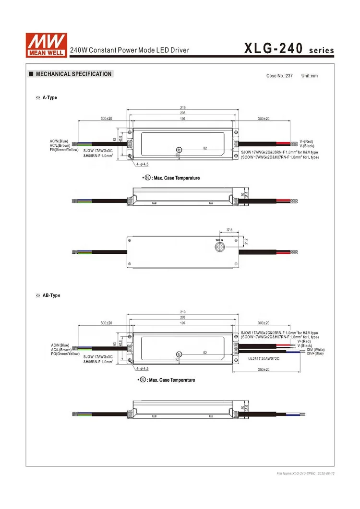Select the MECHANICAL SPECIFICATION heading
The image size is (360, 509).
pos(73,74)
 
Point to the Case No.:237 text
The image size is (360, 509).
pos(279,76)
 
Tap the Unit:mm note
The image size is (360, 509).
pos(309,76)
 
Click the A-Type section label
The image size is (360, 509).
pos(49,97)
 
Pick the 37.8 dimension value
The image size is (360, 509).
pos(229,230)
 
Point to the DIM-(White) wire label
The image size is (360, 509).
pos(315,350)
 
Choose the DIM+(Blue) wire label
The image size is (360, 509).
pos(315,354)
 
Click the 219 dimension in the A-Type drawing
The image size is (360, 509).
pos(183,107)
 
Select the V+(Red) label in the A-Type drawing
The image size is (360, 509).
pos(306,142)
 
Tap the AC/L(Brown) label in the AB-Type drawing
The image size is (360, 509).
pos(61,349)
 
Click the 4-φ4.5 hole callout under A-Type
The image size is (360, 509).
pos(143,164)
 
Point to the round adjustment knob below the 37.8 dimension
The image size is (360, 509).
pos(220,246)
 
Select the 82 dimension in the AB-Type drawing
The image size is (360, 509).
pos(205,353)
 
